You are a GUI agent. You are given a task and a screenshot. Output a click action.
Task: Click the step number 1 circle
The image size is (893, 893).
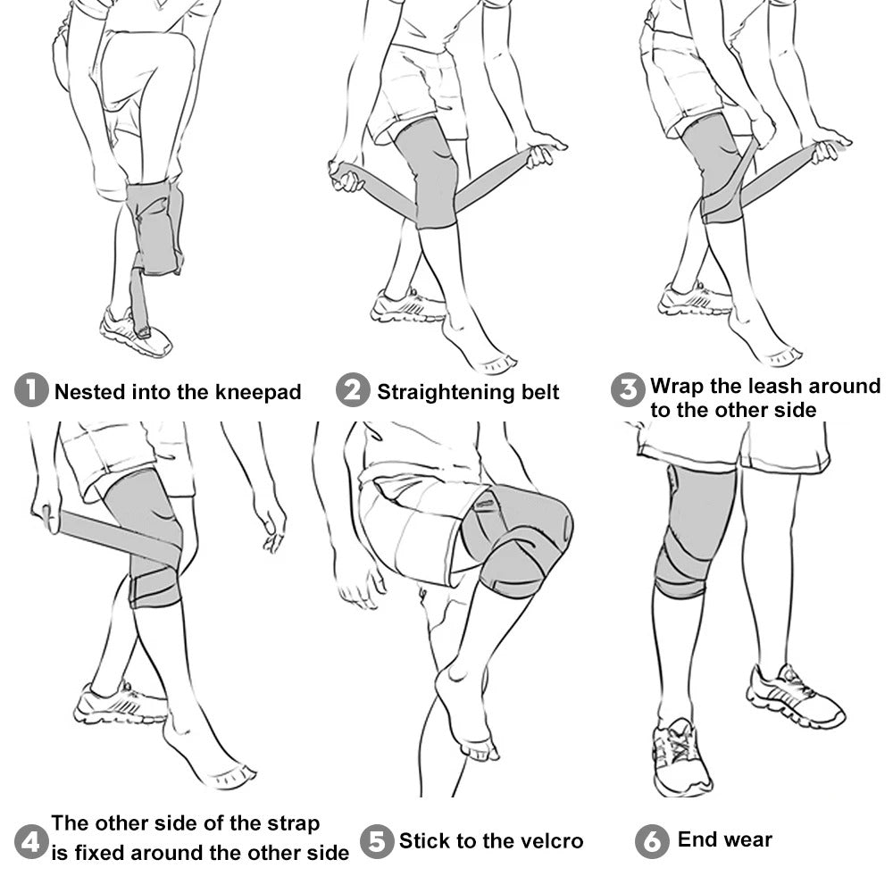coord(31,390)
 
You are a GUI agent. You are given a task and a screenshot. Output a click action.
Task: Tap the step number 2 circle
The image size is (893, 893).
coord(353,390)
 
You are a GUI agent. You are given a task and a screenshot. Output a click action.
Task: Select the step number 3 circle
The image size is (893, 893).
coord(628,390)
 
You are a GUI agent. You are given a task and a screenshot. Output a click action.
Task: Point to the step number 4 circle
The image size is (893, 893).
coord(31,842)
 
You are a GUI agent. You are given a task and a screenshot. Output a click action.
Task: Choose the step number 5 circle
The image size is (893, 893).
coord(377,842)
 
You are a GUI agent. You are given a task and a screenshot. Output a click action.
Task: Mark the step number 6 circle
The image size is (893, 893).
coord(652,842)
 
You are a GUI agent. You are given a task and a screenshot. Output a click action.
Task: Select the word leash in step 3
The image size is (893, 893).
coord(773,386)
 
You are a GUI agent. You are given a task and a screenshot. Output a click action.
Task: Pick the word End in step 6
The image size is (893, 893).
coord(696,839)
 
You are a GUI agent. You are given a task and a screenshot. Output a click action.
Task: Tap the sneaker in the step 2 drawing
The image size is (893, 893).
coord(407,306)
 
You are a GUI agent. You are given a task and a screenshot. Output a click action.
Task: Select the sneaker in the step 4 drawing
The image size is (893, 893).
coord(121,704)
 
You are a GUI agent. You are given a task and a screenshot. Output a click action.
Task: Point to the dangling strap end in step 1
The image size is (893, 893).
coord(140,303)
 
